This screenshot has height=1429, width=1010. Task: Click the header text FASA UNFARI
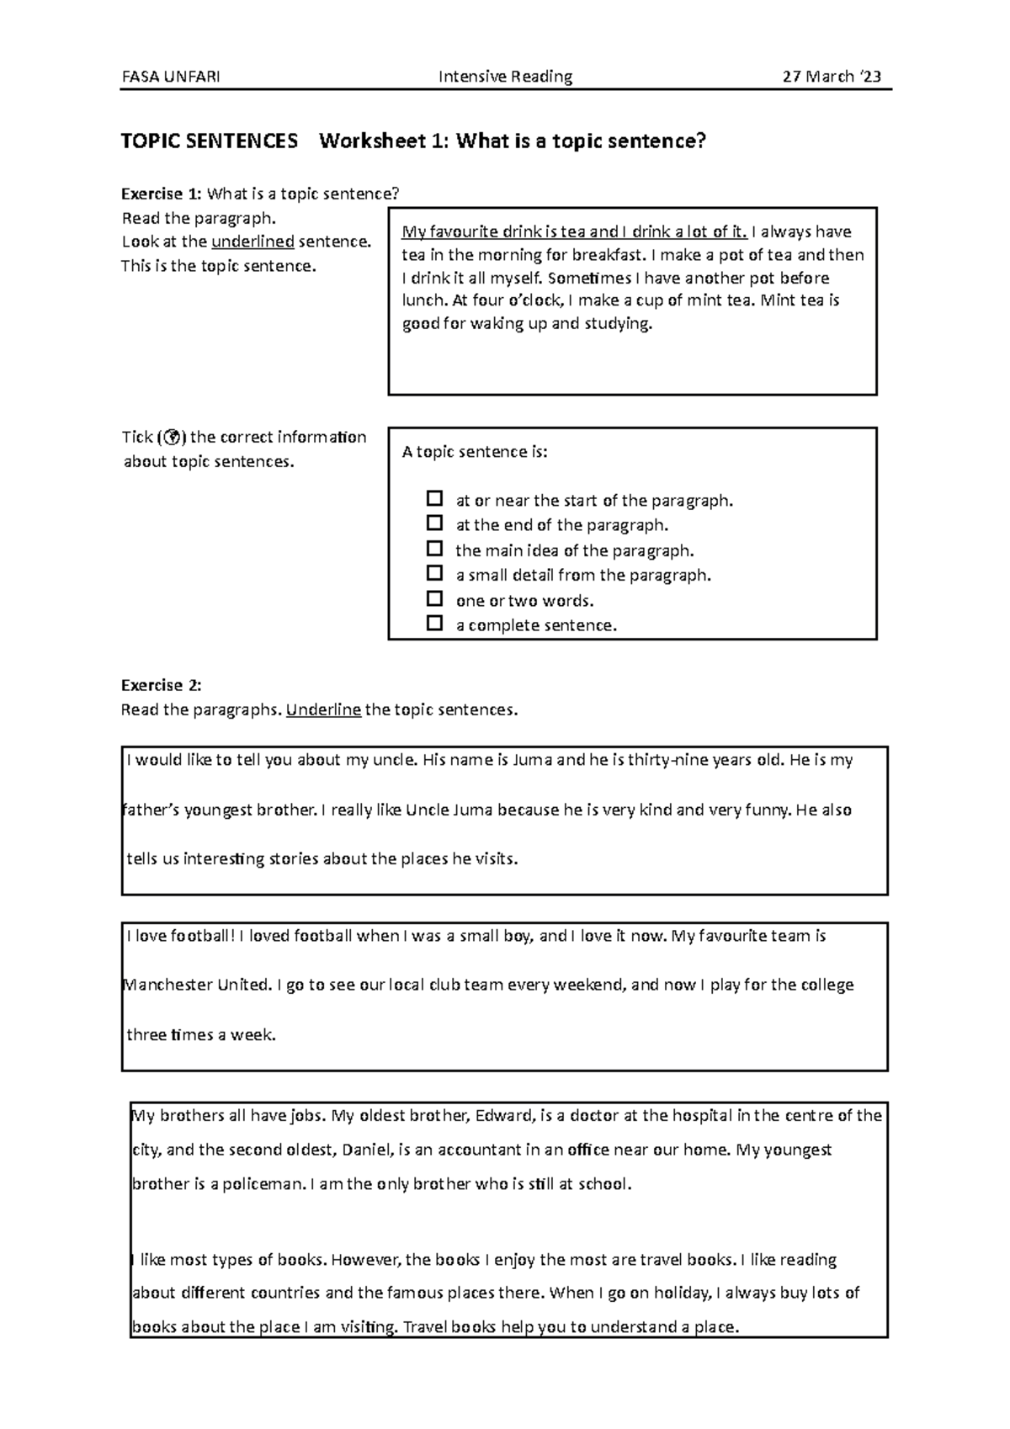[x=171, y=77]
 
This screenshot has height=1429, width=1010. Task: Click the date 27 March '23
[x=832, y=77]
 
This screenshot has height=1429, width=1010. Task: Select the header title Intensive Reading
[x=505, y=77]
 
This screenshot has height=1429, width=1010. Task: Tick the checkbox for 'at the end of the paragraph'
[x=434, y=523]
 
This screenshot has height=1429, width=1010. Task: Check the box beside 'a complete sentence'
[x=434, y=624]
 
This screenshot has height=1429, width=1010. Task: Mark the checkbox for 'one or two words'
[x=434, y=599]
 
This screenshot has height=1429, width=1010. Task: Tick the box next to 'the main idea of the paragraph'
[x=434, y=549]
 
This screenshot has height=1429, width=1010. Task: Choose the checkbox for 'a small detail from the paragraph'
[x=434, y=574]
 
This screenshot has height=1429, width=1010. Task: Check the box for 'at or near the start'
[x=434, y=498]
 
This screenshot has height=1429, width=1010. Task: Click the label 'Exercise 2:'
[x=162, y=685]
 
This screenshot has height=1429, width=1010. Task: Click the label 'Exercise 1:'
[x=162, y=194]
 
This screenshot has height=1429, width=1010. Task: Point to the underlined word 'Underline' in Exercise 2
[x=323, y=710]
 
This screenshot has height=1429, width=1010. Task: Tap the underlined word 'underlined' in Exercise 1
[x=252, y=242]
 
